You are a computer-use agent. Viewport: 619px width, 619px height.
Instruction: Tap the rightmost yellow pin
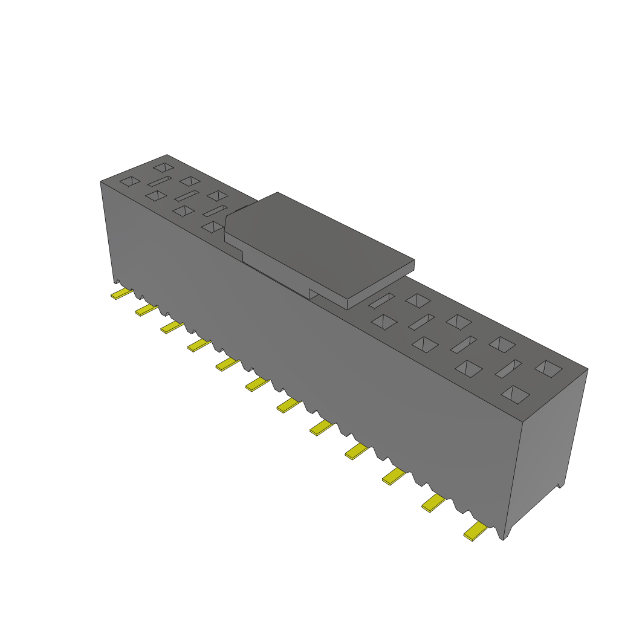pos(476,531)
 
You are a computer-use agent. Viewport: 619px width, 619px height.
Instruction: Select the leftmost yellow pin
pos(122,293)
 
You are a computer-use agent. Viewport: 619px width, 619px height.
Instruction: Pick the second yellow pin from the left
pos(146,309)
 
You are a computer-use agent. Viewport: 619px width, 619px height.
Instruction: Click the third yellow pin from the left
pos(172,327)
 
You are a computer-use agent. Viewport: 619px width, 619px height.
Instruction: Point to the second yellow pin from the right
pos(433,502)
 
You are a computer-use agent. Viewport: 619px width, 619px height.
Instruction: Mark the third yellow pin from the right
pos(394,476)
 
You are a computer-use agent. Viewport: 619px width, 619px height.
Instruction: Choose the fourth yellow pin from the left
pos(199,345)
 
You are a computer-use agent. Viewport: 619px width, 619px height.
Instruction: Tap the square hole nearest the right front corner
pos(515,395)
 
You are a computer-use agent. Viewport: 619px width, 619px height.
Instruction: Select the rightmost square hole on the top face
pos(548,369)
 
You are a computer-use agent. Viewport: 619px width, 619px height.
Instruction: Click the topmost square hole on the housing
pos(163,167)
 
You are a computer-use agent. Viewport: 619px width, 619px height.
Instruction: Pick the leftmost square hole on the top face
pos(130,181)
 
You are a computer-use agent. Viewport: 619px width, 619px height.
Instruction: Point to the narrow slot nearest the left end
pos(160,181)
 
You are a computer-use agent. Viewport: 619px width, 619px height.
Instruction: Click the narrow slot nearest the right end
pos(508,369)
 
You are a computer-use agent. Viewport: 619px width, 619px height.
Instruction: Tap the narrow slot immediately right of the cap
pos(381,300)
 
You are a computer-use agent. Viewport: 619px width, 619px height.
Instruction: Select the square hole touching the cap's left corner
pos(213,227)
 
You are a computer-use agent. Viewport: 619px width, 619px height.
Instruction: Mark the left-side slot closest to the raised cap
pos(215,211)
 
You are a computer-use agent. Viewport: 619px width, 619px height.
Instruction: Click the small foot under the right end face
pos(560,485)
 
